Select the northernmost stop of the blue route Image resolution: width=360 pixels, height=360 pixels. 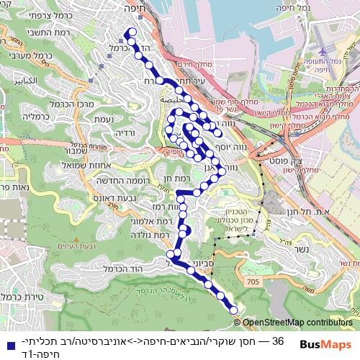click(130, 32)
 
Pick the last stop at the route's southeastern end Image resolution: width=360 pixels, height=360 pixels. click(233, 310)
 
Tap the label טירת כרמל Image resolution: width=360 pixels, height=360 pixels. click(20, 296)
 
